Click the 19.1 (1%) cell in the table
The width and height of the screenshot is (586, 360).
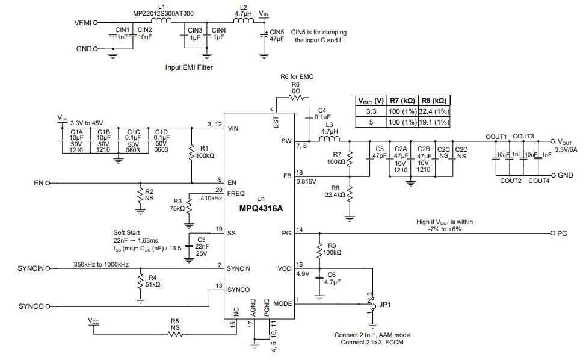[x=433, y=122]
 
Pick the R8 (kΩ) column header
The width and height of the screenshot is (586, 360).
[x=433, y=101]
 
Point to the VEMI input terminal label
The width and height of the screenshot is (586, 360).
[x=82, y=23]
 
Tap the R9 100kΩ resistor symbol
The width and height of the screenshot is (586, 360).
[x=319, y=249]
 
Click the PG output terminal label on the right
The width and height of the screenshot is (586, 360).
[x=563, y=233]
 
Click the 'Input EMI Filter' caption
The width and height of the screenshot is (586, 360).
[x=189, y=68]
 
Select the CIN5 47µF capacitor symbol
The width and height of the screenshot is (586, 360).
[x=264, y=36]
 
